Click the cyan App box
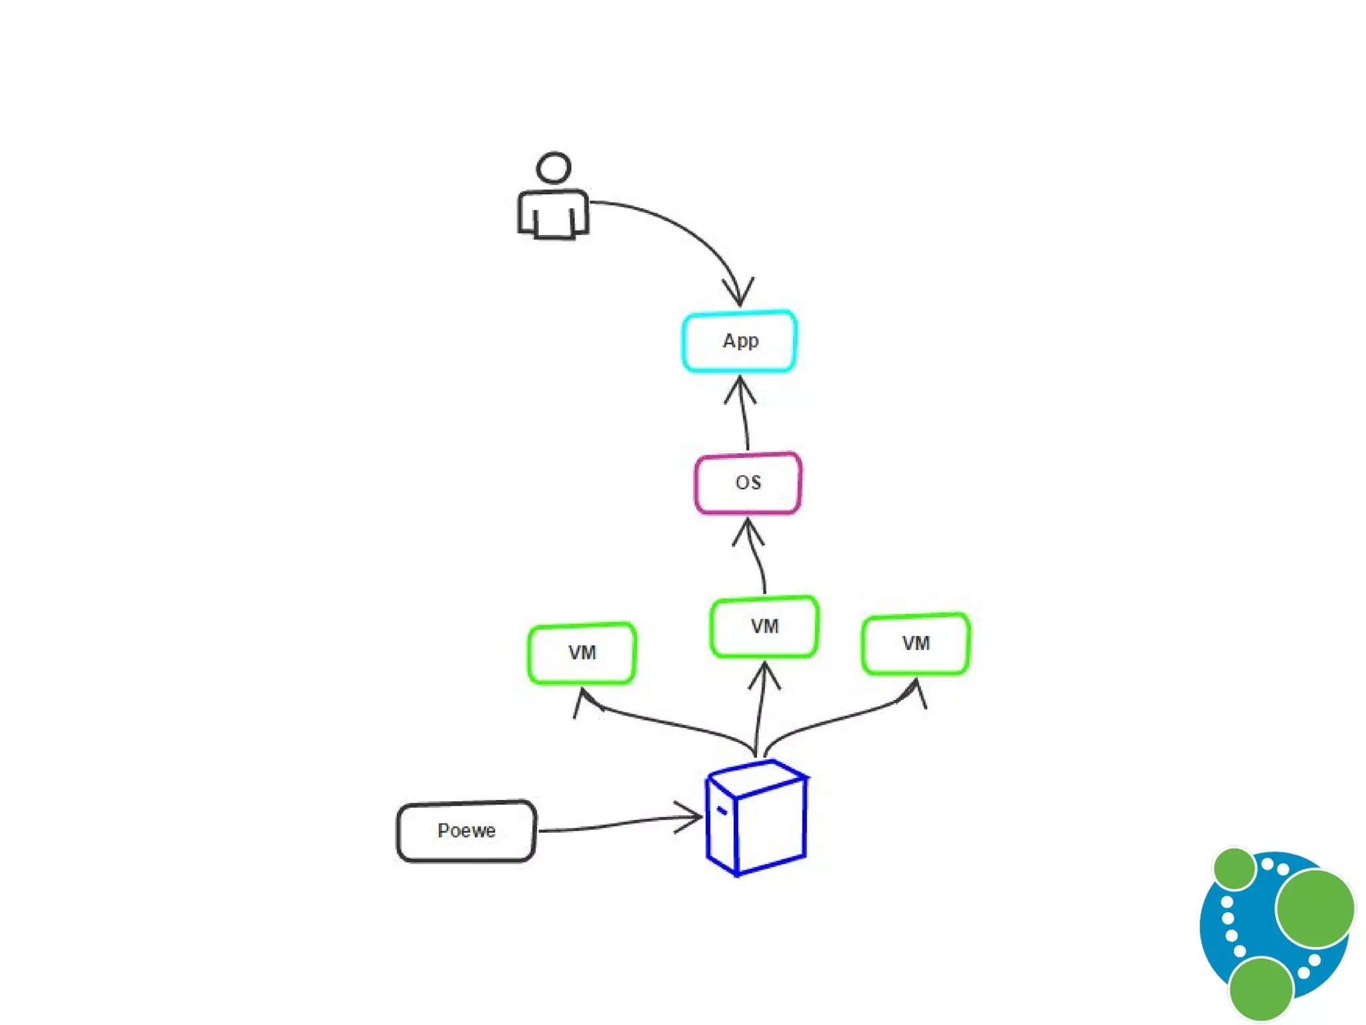point(739,341)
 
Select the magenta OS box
point(748,483)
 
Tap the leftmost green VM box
point(582,653)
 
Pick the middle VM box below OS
point(764,627)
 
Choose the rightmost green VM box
point(916,643)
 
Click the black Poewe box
point(466,831)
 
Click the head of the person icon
point(554,167)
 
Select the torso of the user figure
point(553,214)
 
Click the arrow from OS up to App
point(744,414)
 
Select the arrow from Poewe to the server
point(614,825)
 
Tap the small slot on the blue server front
point(722,811)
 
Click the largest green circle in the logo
point(1315,908)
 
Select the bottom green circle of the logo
point(1261,989)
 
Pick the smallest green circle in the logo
point(1235,868)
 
